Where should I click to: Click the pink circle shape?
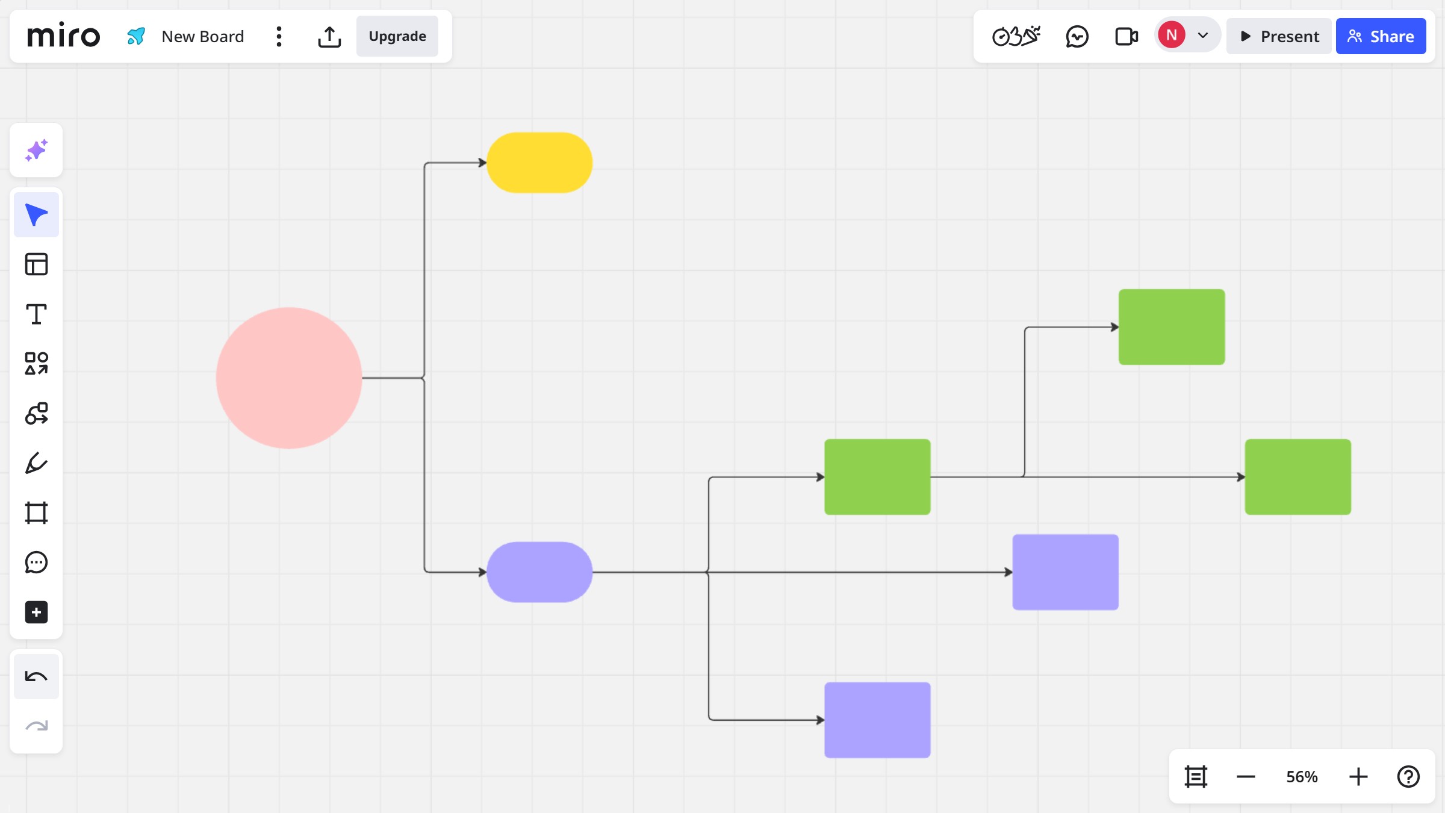tap(289, 378)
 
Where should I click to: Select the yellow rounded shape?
tap(539, 163)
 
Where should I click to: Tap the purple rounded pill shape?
tap(539, 572)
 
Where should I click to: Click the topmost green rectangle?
tap(1172, 327)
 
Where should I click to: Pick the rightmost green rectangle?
tap(1297, 477)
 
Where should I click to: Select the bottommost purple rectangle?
tap(877, 720)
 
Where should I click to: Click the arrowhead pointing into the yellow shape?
tap(482, 163)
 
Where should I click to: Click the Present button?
tap(1279, 36)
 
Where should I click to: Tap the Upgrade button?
tap(397, 36)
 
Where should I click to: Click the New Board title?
tap(203, 37)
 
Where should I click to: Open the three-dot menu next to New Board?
tap(279, 37)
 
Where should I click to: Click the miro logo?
tap(64, 36)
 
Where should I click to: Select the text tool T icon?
tap(36, 314)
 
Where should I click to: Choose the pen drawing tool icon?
tap(36, 463)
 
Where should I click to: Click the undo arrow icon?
tap(36, 677)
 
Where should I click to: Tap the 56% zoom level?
tap(1302, 777)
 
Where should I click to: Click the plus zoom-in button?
tap(1358, 777)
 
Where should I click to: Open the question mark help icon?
tap(1408, 777)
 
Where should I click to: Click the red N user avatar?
tap(1172, 35)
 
